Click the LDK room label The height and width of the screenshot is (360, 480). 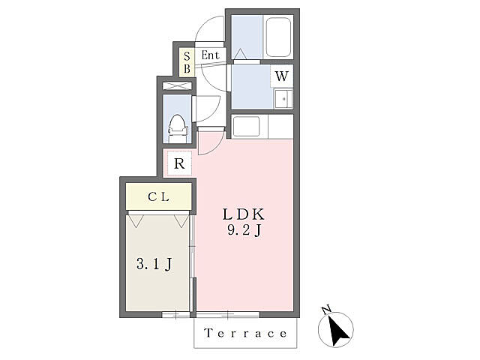pyautogui.click(x=243, y=214)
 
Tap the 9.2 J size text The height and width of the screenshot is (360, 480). pyautogui.click(x=244, y=230)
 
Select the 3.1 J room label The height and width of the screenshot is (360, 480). pyautogui.click(x=154, y=264)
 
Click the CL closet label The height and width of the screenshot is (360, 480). pyautogui.click(x=158, y=196)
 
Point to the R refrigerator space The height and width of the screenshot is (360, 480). pyautogui.click(x=179, y=163)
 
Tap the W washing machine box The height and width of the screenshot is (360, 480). pyautogui.click(x=282, y=76)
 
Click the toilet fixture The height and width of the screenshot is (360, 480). pyautogui.click(x=177, y=128)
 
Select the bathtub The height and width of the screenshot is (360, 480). pyautogui.click(x=278, y=37)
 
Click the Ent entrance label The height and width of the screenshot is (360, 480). pyautogui.click(x=211, y=55)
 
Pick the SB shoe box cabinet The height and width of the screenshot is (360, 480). pyautogui.click(x=187, y=62)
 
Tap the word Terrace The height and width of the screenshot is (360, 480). pyautogui.click(x=245, y=333)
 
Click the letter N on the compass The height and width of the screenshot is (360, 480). pyautogui.click(x=326, y=310)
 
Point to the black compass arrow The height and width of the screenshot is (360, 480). pyautogui.click(x=338, y=331)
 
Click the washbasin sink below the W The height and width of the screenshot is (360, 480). pyautogui.click(x=283, y=98)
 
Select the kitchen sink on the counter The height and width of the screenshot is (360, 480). pyautogui.click(x=247, y=127)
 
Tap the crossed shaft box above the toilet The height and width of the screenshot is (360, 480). pyautogui.click(x=177, y=85)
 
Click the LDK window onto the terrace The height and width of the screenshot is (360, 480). pyautogui.click(x=228, y=314)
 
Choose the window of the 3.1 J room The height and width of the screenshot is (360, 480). pyautogui.click(x=176, y=314)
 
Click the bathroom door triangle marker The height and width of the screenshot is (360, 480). pyautogui.click(x=240, y=54)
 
